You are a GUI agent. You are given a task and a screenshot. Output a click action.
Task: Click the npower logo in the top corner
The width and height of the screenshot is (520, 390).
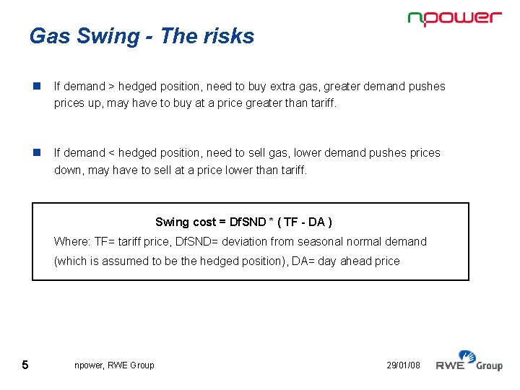point(454,19)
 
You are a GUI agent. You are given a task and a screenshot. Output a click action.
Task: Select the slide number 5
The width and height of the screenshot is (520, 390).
point(25,365)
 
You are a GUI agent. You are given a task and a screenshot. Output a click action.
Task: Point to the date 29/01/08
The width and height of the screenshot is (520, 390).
point(403,365)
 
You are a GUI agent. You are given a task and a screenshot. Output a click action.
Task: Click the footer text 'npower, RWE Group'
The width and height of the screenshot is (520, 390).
point(114,365)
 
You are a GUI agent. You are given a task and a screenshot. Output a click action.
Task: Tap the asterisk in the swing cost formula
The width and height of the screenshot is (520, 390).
point(272,222)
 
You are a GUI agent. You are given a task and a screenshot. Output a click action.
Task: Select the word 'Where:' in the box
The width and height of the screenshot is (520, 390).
point(71,241)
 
